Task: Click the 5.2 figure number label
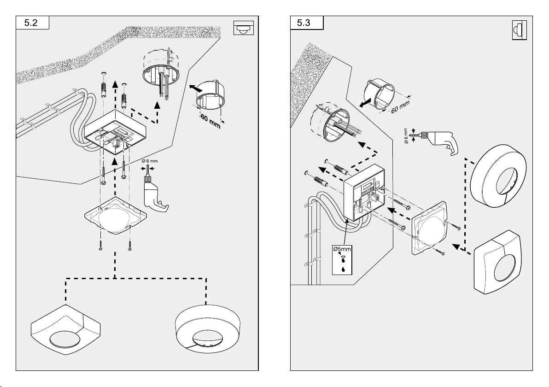point(32,23)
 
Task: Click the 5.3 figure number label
point(306,23)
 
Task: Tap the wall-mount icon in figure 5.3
point(519,31)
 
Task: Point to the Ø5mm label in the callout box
point(342,249)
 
